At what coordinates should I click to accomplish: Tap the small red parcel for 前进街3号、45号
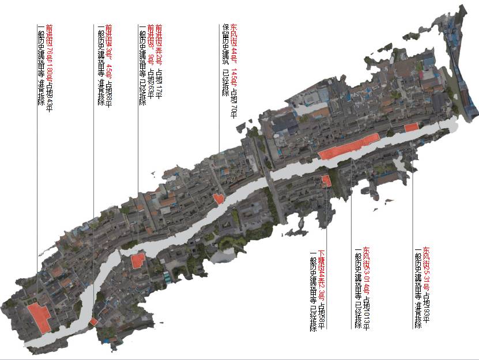click(x=93, y=321)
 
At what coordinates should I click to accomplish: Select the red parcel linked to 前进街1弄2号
click(x=138, y=260)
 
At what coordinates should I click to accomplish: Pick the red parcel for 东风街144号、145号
click(x=218, y=199)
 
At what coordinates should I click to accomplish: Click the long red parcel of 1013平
click(x=348, y=146)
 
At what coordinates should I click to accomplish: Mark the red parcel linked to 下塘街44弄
click(x=326, y=180)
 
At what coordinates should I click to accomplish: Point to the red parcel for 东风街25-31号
click(x=411, y=127)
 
